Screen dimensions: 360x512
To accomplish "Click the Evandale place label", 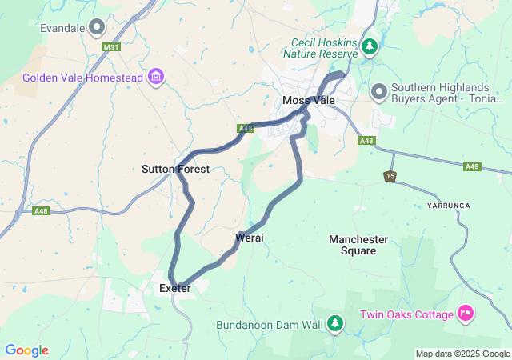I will point(62,28).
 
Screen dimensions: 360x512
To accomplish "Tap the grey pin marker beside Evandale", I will point(98,28).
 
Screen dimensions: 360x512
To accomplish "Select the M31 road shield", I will point(112,47).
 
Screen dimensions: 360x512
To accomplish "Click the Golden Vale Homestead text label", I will point(82,78).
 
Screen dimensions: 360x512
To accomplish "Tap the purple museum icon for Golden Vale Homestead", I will point(156,77).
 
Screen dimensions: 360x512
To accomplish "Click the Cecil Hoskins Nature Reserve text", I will point(318,48).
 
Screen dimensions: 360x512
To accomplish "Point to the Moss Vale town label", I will point(308,100).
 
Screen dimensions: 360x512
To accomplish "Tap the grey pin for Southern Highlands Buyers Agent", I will point(380,93).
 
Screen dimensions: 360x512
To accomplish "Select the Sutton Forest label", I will point(175,169).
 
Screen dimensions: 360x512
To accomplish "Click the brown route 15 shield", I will point(390,175).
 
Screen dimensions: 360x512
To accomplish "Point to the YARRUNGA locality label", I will point(448,206).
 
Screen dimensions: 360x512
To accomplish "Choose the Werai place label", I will point(250,238).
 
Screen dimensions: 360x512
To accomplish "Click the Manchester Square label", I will point(358,245).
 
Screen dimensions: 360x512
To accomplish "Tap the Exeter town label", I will point(174,288).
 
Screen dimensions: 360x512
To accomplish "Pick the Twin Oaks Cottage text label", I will point(406,314).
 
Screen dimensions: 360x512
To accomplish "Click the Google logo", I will point(26,350).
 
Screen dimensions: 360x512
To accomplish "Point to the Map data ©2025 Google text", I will point(462,354).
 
